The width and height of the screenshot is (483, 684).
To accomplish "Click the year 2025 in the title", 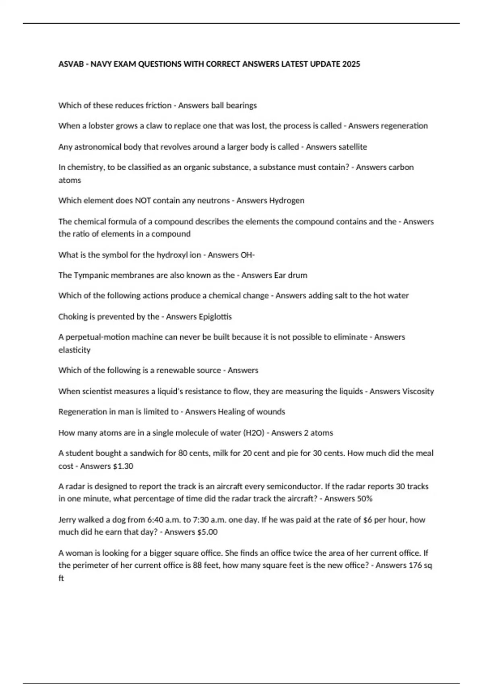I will click(x=351, y=64).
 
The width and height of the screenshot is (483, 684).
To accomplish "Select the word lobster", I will click(x=101, y=126).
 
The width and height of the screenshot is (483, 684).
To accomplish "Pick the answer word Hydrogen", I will click(x=287, y=200).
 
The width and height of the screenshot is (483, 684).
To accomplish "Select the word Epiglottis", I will click(x=215, y=317).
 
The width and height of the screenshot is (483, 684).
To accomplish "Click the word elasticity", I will click(x=74, y=350).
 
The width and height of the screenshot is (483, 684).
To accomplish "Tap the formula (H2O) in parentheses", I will click(x=254, y=433).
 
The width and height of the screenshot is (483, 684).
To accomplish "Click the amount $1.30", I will click(x=123, y=466).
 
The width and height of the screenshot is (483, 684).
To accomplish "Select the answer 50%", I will click(x=365, y=499).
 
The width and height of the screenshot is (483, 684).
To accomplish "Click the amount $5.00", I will click(x=207, y=532).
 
